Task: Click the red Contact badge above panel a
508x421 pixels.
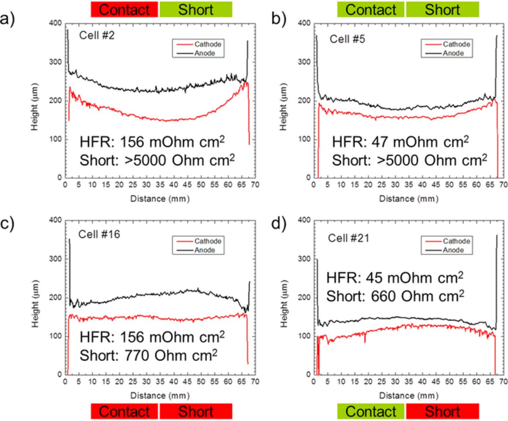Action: pos(124,10)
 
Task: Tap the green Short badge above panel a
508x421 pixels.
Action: pos(196,10)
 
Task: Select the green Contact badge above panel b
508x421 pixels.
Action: pos(371,10)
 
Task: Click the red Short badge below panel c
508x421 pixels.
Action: pos(196,411)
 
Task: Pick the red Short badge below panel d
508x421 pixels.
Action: pos(442,411)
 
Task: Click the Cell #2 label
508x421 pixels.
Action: pos(97,35)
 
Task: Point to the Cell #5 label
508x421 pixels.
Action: pos(347,39)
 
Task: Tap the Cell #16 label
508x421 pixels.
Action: pos(99,234)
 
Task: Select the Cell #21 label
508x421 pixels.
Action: pos(348,238)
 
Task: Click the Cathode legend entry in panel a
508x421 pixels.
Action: pos(208,44)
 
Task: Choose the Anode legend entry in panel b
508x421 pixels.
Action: pos(453,53)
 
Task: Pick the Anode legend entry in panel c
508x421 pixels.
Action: pos(204,250)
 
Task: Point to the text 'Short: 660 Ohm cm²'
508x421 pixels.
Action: pos(395,296)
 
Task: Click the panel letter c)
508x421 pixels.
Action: pos(8,223)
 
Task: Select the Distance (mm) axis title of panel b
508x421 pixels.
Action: pos(408,198)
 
